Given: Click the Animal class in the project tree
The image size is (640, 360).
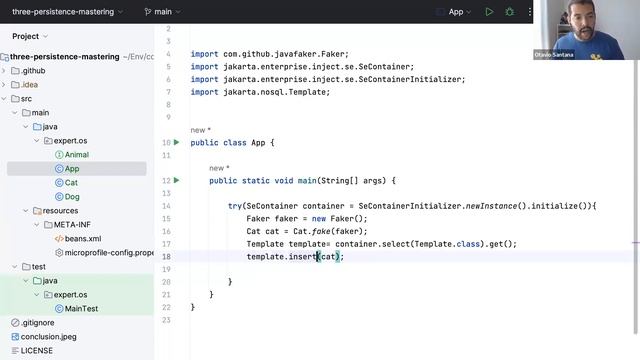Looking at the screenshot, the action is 76,155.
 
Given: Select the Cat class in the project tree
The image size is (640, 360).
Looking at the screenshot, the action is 71,183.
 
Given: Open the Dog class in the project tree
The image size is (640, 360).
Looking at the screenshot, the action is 72,197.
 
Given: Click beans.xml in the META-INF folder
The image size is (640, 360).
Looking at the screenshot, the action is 82,239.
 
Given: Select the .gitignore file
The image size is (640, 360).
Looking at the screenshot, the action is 37,323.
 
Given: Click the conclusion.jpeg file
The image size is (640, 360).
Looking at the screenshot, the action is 47,337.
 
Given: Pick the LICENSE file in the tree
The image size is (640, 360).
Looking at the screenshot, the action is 36,351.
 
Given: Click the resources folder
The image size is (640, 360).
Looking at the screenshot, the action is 60,211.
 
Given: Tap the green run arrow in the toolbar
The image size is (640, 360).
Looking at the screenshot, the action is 489,12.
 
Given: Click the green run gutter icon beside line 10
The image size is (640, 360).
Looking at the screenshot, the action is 177,143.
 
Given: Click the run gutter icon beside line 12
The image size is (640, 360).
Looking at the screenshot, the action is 177,180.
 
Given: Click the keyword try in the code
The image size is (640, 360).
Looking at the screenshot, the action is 234,205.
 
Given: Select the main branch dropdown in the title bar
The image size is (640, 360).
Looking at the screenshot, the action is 159,12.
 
